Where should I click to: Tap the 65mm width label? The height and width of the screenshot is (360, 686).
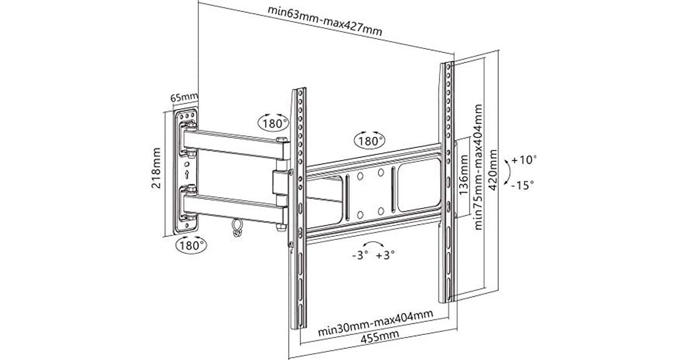(x=184, y=98)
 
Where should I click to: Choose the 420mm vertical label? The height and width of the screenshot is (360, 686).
(x=492, y=171)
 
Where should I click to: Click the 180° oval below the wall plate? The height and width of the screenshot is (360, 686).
(x=190, y=246)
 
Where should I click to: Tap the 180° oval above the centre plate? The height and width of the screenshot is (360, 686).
(x=369, y=139)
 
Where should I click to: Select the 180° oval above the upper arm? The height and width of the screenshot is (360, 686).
(x=273, y=122)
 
